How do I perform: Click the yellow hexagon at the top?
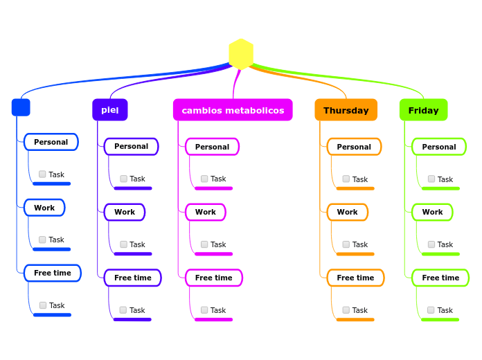pyautogui.click(x=241, y=54)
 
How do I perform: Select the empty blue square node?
pyautogui.click(x=21, y=107)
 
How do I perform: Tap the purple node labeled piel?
pyautogui.click(x=110, y=110)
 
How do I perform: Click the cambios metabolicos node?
pyautogui.click(x=233, y=110)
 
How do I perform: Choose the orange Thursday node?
pyautogui.click(x=346, y=110)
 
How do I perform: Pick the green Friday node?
pyautogui.click(x=423, y=110)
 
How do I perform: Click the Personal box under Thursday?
pyautogui.click(x=354, y=147)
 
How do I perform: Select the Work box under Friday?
pyautogui.click(x=432, y=212)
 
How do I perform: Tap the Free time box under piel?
pyautogui.click(x=132, y=278)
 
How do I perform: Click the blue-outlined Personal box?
pyautogui.click(x=51, y=142)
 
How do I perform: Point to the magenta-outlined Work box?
pyautogui.click(x=205, y=212)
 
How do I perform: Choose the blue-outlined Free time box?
pyautogui.click(x=52, y=273)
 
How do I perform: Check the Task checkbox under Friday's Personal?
pyautogui.click(x=431, y=179)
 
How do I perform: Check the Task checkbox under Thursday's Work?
pyautogui.click(x=346, y=244)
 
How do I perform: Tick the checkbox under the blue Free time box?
pyautogui.click(x=43, y=305)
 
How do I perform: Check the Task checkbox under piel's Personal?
pyautogui.click(x=124, y=179)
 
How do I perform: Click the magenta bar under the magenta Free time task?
pyautogui.click(x=213, y=319)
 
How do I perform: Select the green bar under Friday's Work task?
pyautogui.click(x=440, y=254)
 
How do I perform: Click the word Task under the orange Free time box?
pyautogui.click(x=360, y=310)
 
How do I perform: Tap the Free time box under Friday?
pyautogui.click(x=440, y=278)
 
